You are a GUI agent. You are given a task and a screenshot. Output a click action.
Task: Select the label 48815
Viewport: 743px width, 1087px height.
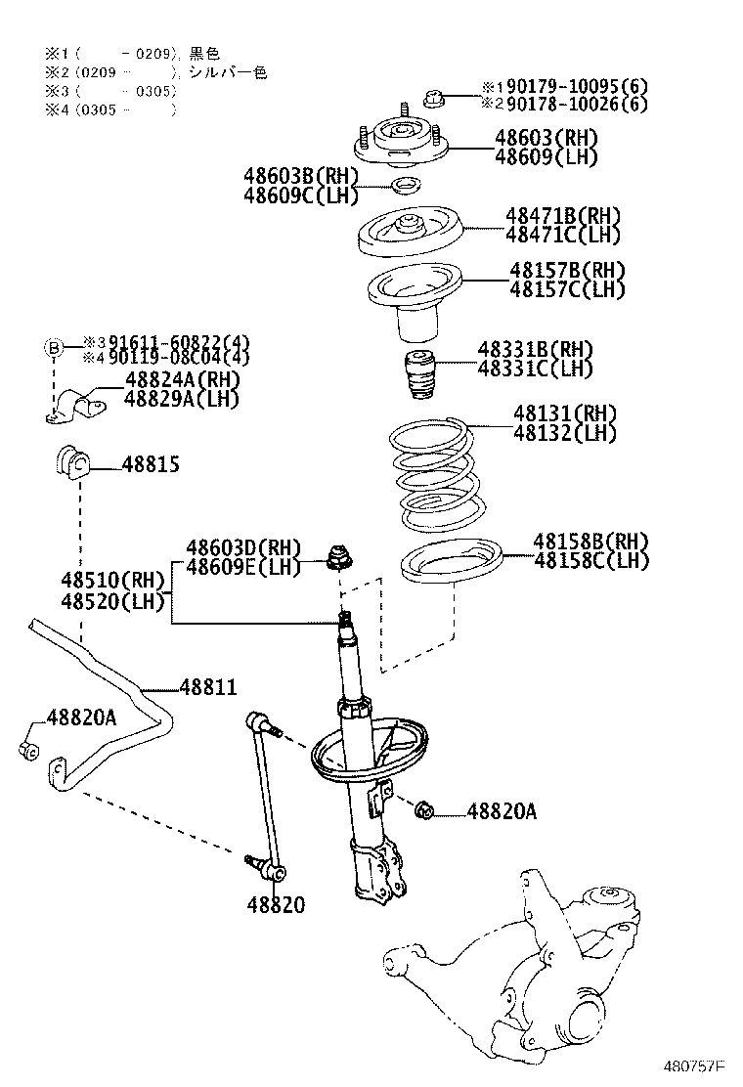click(x=151, y=465)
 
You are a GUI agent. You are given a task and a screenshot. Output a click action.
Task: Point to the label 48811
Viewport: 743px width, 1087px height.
click(x=207, y=688)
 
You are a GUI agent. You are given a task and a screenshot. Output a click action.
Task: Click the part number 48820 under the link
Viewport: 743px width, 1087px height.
click(x=275, y=905)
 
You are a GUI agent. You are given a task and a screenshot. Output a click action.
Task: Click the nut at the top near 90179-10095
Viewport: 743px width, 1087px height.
click(x=435, y=96)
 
